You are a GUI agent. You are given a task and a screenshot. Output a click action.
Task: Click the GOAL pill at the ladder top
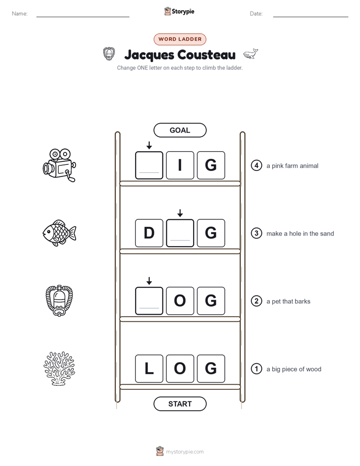tap(180, 130)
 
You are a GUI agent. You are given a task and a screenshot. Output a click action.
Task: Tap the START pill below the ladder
tap(180, 404)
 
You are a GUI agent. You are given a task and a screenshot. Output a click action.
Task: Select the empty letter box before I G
tap(149, 165)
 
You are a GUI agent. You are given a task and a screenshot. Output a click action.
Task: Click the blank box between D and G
tap(180, 233)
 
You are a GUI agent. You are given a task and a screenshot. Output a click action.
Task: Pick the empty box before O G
tap(149, 301)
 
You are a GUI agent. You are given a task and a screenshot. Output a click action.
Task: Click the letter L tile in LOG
tap(149, 369)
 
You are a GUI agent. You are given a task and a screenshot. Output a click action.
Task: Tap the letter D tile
tap(149, 233)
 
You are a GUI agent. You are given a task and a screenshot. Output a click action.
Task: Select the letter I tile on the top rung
tap(180, 165)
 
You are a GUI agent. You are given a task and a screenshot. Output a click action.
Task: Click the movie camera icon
tap(59, 165)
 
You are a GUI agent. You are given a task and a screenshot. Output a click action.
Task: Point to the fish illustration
tap(59, 233)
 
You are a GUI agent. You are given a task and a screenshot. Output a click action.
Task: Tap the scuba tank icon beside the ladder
tap(59, 301)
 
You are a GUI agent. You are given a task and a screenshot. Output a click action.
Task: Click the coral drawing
tap(59, 369)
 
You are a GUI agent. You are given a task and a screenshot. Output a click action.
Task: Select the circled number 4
tap(256, 165)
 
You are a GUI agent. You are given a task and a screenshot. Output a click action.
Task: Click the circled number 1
tap(256, 369)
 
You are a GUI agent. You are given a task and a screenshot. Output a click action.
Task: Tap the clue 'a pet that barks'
tap(288, 302)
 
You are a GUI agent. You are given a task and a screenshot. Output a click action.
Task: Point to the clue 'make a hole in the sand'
tap(300, 234)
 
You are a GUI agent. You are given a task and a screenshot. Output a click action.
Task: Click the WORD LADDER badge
tap(180, 39)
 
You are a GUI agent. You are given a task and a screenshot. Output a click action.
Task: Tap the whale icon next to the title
tap(251, 54)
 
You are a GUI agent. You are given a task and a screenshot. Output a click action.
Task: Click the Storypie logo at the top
tap(179, 11)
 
